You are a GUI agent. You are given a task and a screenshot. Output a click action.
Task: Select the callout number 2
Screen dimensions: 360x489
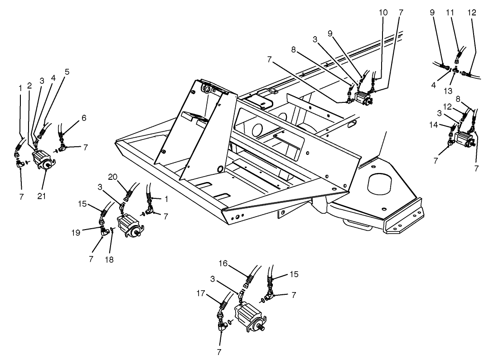(x=29, y=85)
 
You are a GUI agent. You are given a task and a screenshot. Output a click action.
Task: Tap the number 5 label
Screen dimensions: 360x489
(x=67, y=71)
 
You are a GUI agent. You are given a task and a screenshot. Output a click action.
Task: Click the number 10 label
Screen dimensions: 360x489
(x=383, y=12)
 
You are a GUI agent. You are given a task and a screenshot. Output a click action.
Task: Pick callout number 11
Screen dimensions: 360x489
(x=450, y=13)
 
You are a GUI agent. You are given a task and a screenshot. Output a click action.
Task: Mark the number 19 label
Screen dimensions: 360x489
(x=76, y=232)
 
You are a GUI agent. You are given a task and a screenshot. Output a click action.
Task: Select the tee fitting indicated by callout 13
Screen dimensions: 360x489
(x=456, y=72)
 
